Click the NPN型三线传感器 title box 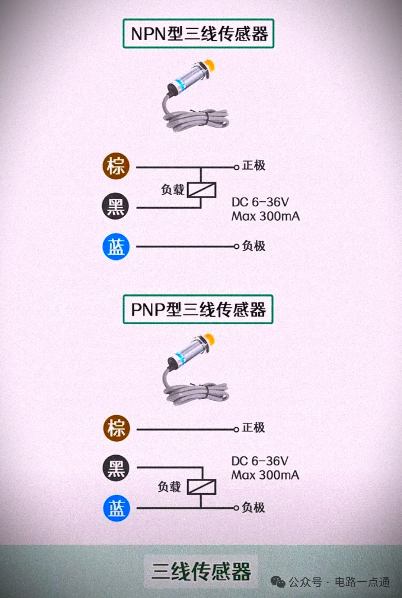[198, 34]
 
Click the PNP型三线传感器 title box [198, 309]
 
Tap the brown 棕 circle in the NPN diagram [116, 166]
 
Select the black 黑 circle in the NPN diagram [116, 206]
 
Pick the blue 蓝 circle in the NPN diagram [116, 247]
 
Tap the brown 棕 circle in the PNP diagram [117, 428]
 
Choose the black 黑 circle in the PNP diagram [116, 468]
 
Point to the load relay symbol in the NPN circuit [201, 190]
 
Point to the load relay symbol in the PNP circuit [201, 487]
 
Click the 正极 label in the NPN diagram [254, 165]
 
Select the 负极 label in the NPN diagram [254, 246]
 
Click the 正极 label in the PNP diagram [253, 427]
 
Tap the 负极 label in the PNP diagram [253, 507]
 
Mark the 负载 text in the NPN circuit [173, 190]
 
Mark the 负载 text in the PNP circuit [169, 487]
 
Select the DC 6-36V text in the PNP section [260, 461]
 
